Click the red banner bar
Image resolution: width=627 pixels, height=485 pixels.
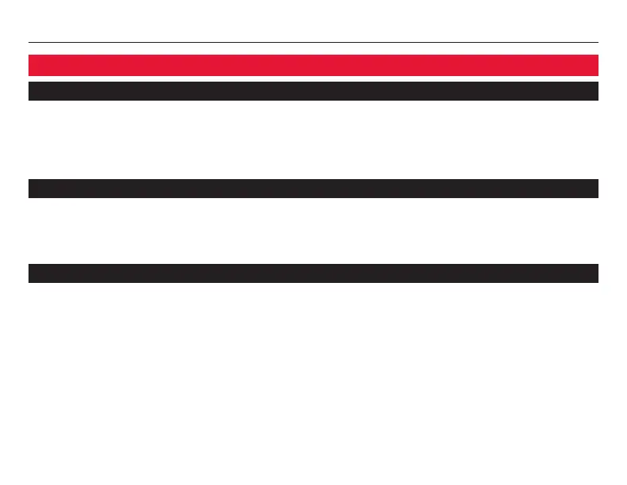[313, 65]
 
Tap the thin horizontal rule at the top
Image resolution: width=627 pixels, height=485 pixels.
[313, 43]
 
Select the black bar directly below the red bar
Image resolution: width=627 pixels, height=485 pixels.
[313, 91]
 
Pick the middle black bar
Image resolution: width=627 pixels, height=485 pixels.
[313, 189]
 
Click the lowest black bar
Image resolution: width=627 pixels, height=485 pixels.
[313, 273]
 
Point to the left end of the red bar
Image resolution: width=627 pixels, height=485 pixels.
[32, 65]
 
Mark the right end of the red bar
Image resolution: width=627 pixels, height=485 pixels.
[595, 65]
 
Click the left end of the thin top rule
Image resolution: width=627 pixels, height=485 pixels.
[30, 43]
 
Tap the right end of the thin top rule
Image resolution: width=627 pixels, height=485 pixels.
[597, 43]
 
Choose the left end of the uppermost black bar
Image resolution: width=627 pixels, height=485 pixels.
[32, 91]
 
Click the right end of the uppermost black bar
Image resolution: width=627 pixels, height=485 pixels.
[595, 91]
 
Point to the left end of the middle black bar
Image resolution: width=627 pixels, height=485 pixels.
[32, 189]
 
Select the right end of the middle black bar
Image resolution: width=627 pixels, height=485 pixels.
[595, 189]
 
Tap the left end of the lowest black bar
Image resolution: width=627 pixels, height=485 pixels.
[32, 273]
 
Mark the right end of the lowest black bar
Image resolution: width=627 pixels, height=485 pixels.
[595, 273]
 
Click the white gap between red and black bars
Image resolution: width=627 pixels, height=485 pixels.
[313, 78]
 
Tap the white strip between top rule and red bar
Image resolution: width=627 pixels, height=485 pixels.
[313, 49]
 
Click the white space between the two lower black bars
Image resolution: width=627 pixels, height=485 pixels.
[313, 231]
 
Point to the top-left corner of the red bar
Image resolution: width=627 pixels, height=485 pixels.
[29, 55]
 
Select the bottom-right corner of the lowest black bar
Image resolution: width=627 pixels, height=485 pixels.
[598, 282]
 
